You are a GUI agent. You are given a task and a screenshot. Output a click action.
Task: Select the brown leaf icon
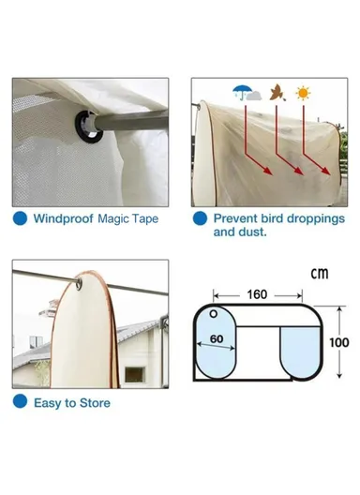278,95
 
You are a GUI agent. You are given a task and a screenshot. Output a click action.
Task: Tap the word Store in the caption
92,403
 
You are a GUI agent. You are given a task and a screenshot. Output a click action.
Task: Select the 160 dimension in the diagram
257,293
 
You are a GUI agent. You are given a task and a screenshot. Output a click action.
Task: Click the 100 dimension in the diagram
338,343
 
